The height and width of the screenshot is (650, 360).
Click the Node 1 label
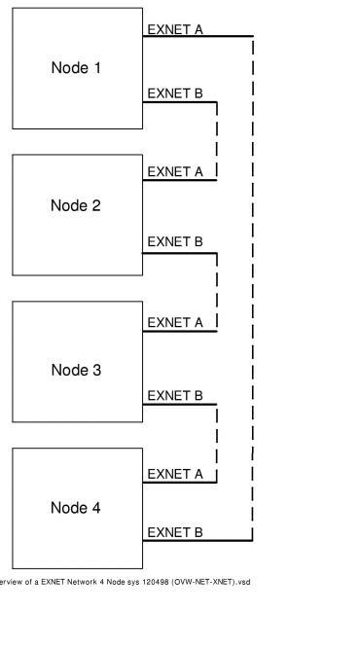(x=77, y=68)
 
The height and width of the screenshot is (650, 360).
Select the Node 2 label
(x=77, y=206)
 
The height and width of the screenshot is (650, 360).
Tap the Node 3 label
(x=77, y=370)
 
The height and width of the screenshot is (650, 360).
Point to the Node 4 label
(x=77, y=508)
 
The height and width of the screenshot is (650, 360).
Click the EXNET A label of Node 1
(x=175, y=29)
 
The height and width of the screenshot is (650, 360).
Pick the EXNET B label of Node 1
(x=175, y=93)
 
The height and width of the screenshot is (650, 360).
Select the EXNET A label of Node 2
(x=175, y=171)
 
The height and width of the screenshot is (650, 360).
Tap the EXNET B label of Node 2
(x=175, y=241)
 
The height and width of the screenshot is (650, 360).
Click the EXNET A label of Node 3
(x=175, y=321)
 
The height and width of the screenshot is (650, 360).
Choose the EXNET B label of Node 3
(x=175, y=395)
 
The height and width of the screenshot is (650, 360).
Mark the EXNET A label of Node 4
(x=175, y=474)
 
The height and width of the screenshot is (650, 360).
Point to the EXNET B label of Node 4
(x=175, y=532)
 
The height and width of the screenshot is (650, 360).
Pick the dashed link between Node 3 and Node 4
(x=216, y=441)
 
